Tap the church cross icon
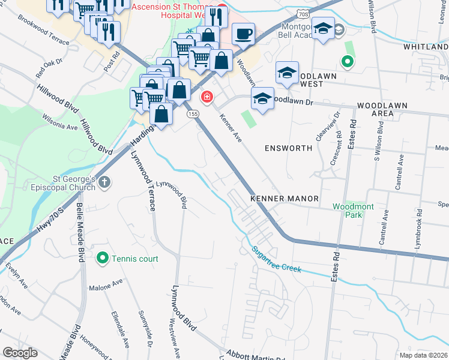tap(104, 182)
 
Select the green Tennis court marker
tap(102, 259)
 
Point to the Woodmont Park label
tap(354, 211)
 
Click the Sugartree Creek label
tap(276, 259)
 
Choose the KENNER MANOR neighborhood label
tap(284, 198)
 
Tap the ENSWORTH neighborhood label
tap(288, 148)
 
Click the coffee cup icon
tap(243, 34)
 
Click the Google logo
tap(19, 353)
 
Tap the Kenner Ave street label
tap(230, 128)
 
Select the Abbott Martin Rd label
tap(255, 356)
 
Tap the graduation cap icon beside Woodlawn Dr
tap(262, 98)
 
